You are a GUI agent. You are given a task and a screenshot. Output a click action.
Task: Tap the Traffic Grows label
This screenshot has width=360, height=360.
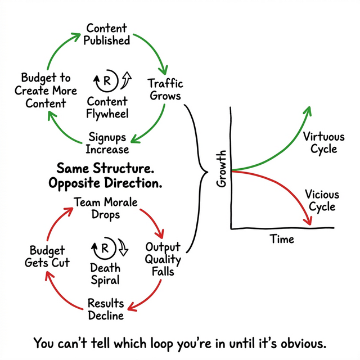tap(165, 89)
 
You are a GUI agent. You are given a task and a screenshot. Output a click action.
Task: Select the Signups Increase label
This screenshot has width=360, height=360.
tap(107, 143)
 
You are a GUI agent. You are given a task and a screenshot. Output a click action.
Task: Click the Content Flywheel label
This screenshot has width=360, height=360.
tap(108, 108)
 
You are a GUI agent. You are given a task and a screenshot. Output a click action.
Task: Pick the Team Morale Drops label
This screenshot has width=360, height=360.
tap(105, 208)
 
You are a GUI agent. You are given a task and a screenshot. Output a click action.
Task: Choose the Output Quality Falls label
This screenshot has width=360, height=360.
tap(163, 259)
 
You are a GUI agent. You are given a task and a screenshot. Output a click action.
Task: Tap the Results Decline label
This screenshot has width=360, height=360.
tap(105, 309)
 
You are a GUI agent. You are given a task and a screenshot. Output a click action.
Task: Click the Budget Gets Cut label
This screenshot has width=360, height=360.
tap(47, 256)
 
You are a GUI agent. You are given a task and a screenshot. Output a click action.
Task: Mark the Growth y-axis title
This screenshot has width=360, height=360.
tap(221, 168)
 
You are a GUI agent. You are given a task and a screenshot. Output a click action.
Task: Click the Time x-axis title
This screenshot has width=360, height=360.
tap(282, 238)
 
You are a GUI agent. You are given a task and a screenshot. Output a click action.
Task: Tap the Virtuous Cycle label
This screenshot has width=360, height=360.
tap(319, 142)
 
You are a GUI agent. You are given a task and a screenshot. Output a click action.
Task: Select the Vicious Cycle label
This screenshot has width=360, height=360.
tap(322, 200)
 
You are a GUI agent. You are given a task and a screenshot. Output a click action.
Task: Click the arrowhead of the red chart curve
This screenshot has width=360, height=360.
tap(308, 220)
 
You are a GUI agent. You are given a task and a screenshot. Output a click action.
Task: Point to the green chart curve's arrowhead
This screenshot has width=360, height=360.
tap(308, 109)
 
